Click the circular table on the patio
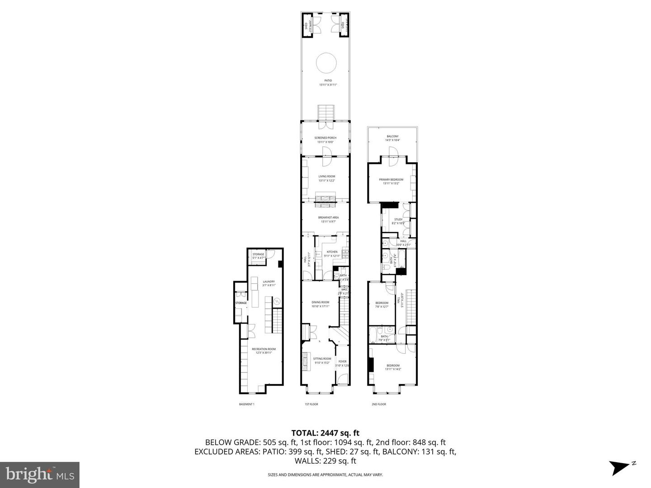[325, 63]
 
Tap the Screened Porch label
[325, 138]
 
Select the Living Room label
[327, 176]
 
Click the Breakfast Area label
[328, 217]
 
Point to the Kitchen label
[332, 252]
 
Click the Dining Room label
[320, 302]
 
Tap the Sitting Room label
[322, 358]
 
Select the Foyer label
[343, 361]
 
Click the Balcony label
[392, 136]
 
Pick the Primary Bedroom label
[391, 179]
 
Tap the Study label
[398, 219]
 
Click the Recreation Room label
[264, 349]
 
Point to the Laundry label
[269, 282]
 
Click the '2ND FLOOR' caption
[379, 404]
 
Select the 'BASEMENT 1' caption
[247, 404]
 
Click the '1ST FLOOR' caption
[311, 404]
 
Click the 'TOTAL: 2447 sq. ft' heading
[325, 433]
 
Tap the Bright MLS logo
[40, 474]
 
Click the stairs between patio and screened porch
[325, 113]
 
